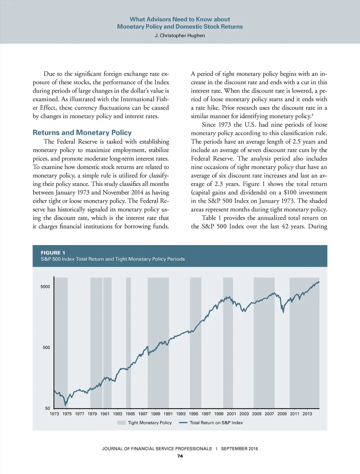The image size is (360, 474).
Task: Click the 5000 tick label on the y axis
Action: click(45, 287)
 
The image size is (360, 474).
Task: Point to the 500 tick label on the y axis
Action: click(46, 348)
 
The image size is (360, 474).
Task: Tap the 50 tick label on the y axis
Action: click(47, 408)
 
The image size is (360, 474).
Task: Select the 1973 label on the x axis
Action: click(54, 414)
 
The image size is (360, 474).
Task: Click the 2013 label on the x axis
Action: click(307, 414)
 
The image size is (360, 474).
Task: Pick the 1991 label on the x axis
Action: click(168, 414)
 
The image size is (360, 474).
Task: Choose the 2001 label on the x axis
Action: click(231, 414)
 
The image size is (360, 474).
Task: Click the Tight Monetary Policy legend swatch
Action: click(121, 423)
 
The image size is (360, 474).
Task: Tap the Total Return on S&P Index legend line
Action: click(183, 423)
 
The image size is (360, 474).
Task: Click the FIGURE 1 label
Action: click(53, 253)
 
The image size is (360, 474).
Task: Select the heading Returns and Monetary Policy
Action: click(82, 132)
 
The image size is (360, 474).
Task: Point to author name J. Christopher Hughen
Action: click(180, 35)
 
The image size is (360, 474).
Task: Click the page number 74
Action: click(180, 456)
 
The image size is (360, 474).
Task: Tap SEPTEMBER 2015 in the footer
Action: click(239, 449)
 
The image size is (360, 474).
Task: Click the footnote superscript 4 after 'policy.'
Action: click(312, 115)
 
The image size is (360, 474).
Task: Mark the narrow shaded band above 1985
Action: click(128, 343)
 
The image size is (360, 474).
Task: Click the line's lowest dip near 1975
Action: click(65, 405)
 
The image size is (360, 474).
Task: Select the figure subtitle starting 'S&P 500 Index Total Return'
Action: click(112, 259)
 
